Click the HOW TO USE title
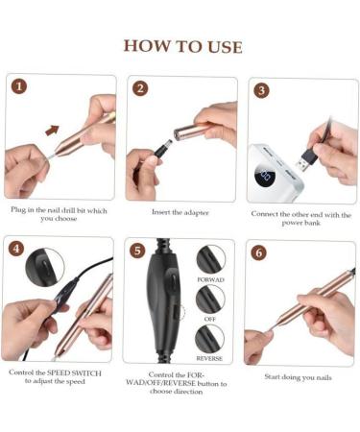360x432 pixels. (182, 46)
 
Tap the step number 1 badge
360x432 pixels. (19, 86)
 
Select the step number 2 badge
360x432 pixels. (140, 88)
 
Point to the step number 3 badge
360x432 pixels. (261, 90)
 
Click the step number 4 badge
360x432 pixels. (16, 249)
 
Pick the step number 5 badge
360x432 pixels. (137, 251)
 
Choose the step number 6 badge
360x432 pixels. (258, 252)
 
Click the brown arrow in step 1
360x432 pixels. (52, 130)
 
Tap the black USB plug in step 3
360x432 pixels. (306, 159)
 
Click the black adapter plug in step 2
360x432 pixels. (161, 149)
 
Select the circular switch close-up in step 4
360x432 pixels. (45, 266)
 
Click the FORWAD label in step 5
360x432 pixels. (210, 279)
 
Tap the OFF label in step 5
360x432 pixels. (209, 319)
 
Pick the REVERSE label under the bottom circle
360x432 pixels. (209, 358)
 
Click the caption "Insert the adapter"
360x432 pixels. (180, 212)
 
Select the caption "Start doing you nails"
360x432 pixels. (298, 377)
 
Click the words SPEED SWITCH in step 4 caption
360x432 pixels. (74, 373)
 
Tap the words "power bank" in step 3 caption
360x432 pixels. (300, 223)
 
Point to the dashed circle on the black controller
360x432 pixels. (180, 313)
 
